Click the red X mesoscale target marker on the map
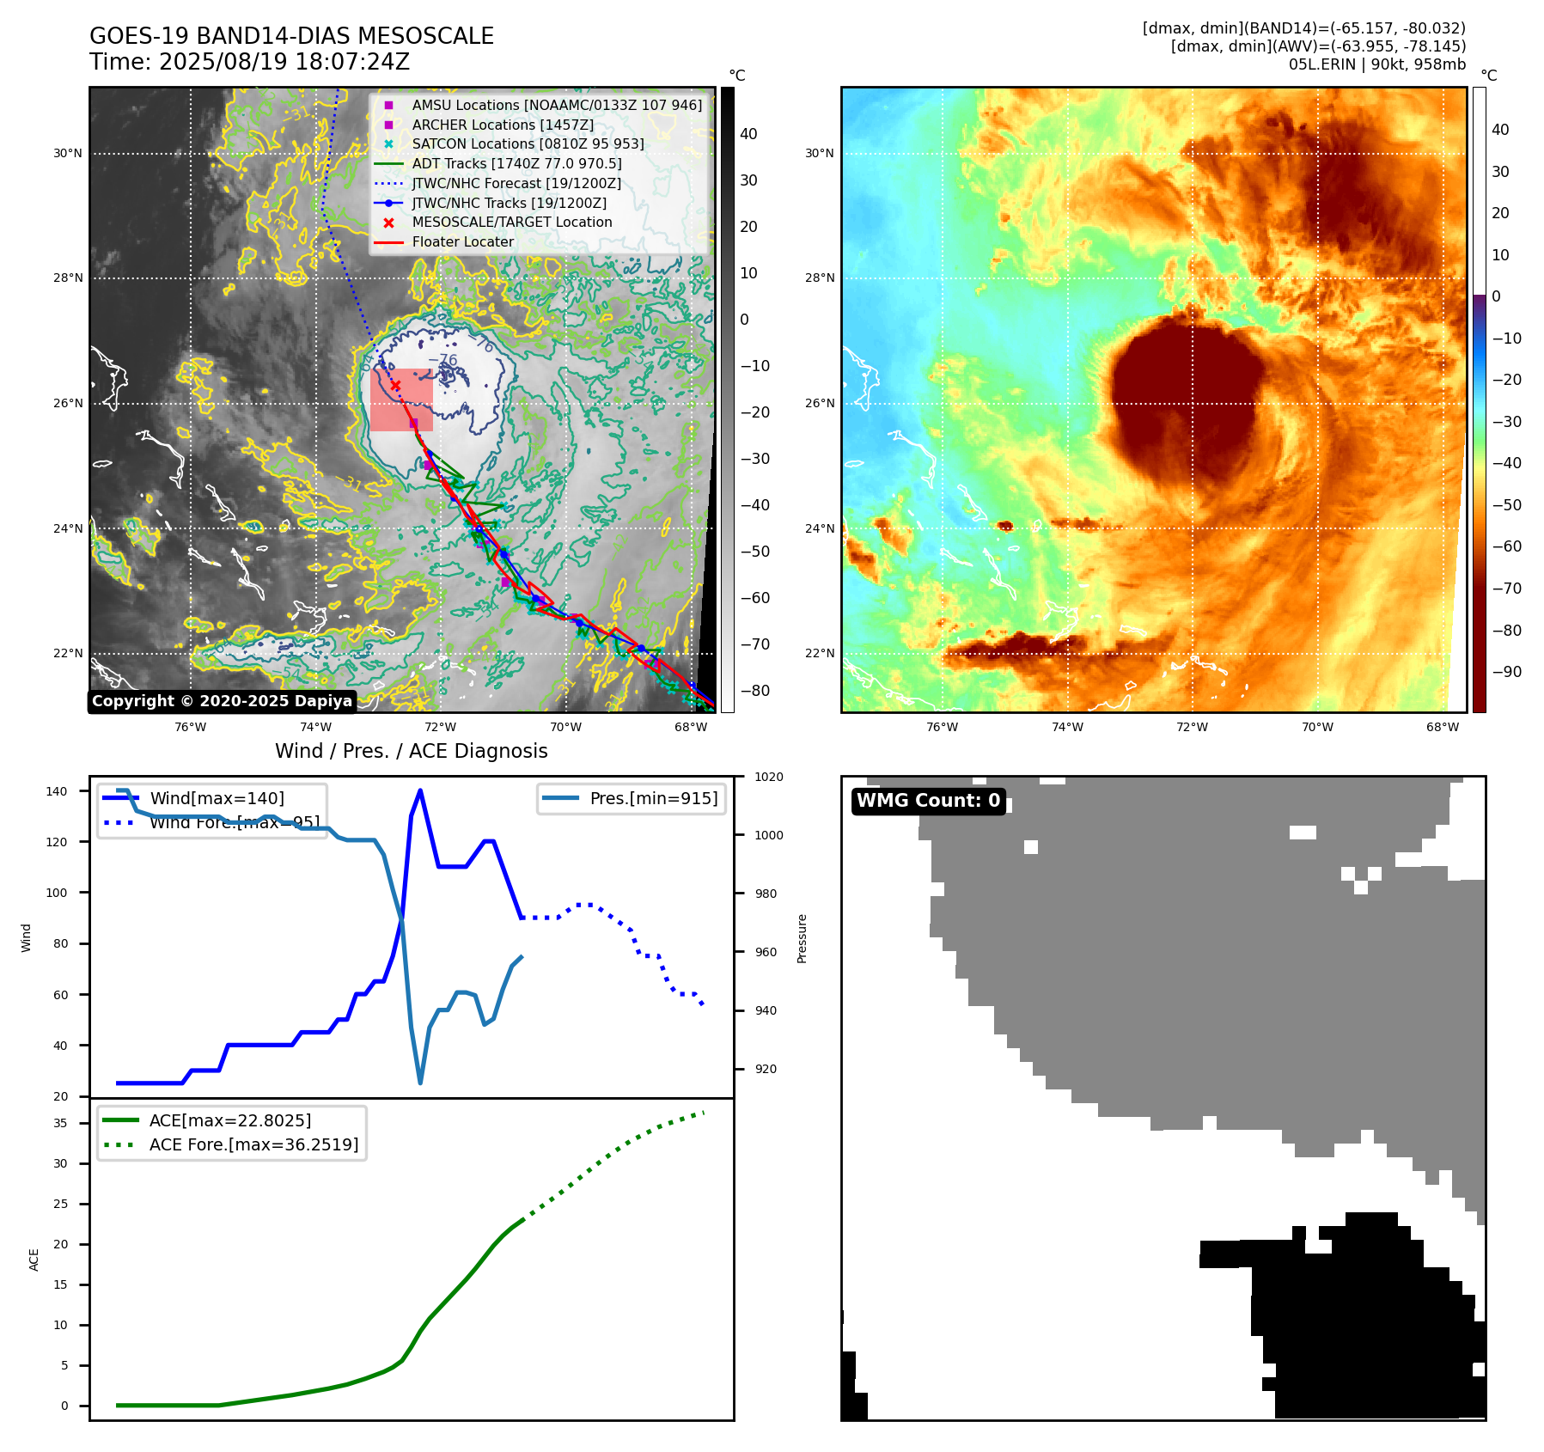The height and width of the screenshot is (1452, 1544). click(395, 385)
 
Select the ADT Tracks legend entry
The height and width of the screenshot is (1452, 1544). click(516, 163)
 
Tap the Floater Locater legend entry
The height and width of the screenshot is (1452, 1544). click(462, 241)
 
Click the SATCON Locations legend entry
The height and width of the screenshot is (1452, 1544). click(528, 143)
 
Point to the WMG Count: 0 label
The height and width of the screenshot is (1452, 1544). click(928, 801)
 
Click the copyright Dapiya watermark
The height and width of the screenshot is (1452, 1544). click(222, 701)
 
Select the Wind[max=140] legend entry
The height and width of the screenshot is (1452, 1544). click(217, 798)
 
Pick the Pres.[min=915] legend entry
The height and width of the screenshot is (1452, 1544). click(653, 798)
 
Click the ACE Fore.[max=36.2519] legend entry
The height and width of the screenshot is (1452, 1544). click(253, 1144)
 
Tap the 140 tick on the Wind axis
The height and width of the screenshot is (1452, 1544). click(56, 791)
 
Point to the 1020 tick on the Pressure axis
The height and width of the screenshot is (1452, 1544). click(769, 777)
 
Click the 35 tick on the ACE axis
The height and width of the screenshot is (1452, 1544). click(60, 1123)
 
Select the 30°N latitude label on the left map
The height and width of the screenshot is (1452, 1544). click(68, 154)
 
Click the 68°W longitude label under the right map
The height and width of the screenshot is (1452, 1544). click(1443, 727)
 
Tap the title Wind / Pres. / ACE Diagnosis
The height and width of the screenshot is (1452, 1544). click(411, 751)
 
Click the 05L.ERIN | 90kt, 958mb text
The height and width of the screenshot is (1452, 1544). click(1376, 64)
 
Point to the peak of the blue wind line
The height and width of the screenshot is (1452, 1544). click(420, 790)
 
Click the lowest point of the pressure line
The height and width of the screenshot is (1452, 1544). click(420, 1083)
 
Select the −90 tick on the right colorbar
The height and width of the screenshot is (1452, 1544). click(1507, 672)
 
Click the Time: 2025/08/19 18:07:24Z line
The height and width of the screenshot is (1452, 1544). click(249, 62)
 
